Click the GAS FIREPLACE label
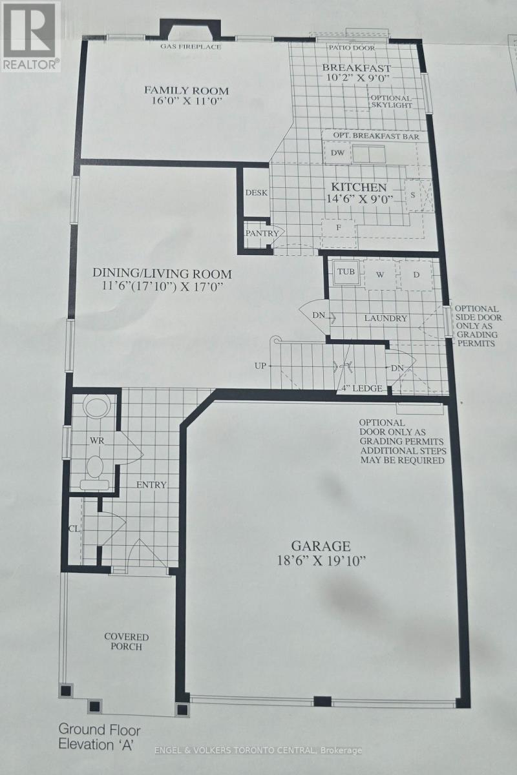point(191,46)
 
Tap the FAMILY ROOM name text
point(186,90)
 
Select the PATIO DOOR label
point(351,47)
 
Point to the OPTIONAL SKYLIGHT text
point(390,101)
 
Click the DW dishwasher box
point(337,153)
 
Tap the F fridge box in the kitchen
point(337,227)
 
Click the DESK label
point(256,192)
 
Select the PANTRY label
point(261,233)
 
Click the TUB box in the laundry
point(346,272)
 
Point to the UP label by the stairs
point(260,366)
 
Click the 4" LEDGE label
point(363,388)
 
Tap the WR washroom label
point(98,440)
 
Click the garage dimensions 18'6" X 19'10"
point(320,560)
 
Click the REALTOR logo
point(30,36)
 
